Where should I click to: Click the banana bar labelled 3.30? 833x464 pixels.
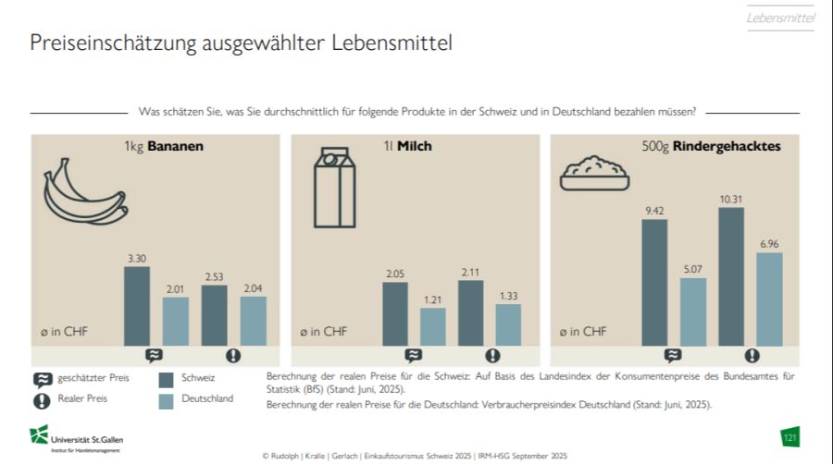(x=137, y=306)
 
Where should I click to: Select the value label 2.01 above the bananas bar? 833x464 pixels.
(x=176, y=288)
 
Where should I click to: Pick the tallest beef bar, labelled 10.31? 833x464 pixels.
(x=731, y=276)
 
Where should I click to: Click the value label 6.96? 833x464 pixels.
(x=769, y=243)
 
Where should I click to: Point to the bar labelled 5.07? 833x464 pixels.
(x=693, y=311)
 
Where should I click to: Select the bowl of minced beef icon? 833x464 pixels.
(x=596, y=172)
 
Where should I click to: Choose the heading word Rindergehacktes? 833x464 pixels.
(x=727, y=146)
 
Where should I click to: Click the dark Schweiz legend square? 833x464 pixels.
(x=167, y=379)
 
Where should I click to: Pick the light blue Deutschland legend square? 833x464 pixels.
(x=167, y=400)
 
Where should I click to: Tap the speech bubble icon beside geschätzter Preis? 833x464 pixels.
(x=42, y=379)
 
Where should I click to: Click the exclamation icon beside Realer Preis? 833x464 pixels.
(x=42, y=400)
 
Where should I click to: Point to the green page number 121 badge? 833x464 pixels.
(x=789, y=436)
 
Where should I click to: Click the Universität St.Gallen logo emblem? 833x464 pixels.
(x=39, y=434)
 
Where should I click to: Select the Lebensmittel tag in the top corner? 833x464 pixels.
(x=780, y=18)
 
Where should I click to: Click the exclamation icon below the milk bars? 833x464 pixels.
(x=492, y=355)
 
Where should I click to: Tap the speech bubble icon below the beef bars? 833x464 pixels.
(x=673, y=355)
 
